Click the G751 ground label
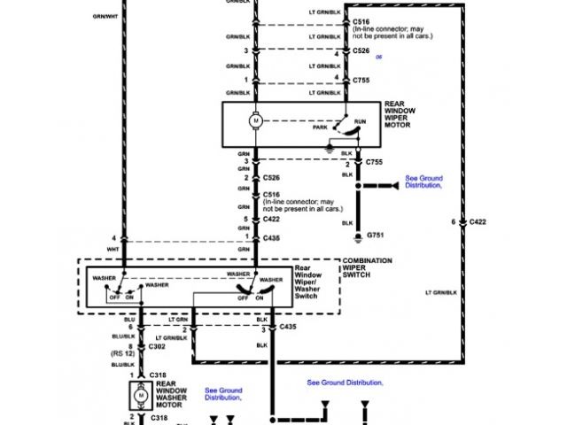tap(377, 237)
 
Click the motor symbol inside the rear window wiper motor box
tap(256, 119)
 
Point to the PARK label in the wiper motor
tap(320, 127)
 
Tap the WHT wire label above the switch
tap(113, 250)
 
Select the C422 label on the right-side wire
tap(478, 221)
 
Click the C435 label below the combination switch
tap(288, 327)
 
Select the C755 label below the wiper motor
tap(374, 162)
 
